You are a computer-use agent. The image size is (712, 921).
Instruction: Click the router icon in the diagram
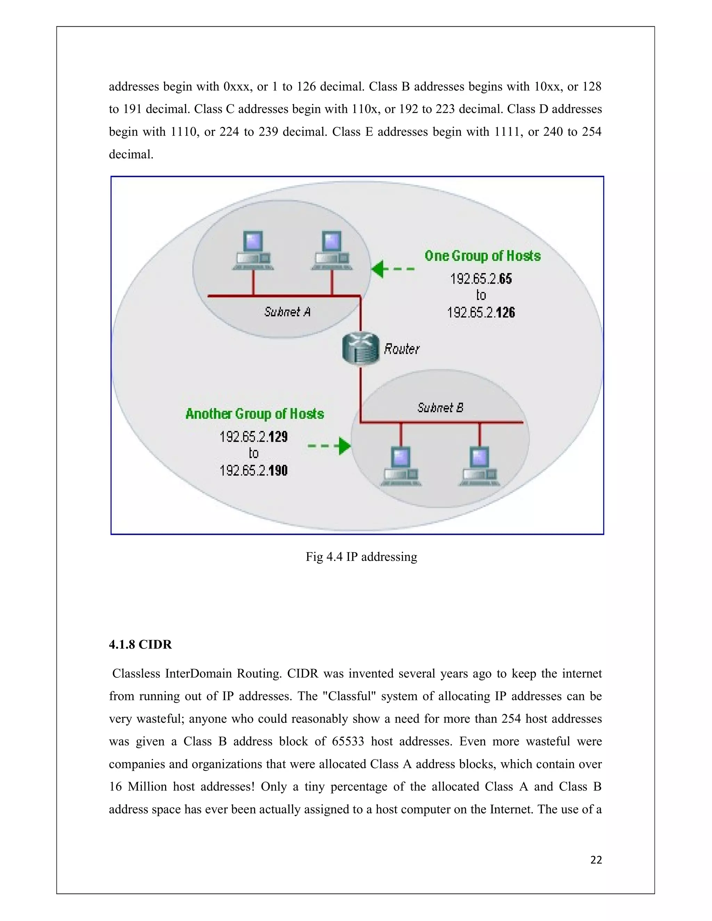[361, 348]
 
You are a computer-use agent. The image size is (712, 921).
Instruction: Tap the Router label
[402, 349]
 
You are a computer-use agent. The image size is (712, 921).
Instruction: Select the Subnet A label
[287, 312]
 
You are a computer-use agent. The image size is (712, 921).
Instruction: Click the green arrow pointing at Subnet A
[392, 269]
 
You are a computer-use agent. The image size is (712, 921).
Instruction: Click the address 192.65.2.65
[481, 279]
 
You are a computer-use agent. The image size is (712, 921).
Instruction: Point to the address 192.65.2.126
[481, 312]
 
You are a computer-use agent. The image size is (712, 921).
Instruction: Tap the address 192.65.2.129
[253, 437]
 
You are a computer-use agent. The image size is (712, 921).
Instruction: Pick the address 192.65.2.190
[253, 470]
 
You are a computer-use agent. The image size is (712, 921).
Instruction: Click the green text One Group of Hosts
[483, 256]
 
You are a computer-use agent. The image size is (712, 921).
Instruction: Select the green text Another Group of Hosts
[255, 414]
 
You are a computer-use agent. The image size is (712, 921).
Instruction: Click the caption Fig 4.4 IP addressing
[362, 557]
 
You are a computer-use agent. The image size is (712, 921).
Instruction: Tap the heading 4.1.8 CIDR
[140, 645]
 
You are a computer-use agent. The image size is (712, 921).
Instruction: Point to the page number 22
[596, 860]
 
